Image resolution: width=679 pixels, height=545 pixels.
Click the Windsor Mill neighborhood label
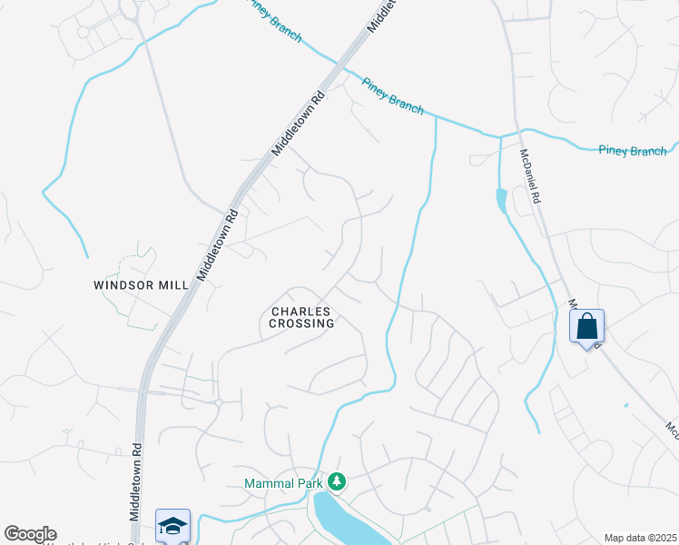141,284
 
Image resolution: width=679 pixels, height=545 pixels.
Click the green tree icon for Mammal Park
337,481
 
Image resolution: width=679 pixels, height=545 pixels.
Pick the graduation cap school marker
172,525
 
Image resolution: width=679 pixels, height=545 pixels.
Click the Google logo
31,534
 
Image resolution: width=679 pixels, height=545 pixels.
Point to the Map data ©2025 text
640,538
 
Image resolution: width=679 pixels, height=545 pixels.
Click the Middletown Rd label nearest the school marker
136,481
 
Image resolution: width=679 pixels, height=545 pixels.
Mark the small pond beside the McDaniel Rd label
501,200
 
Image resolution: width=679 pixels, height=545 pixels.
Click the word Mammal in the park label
266,482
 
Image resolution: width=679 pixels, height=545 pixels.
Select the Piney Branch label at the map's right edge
632,151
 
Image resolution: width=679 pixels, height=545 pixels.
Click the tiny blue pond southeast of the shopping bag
625,404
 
